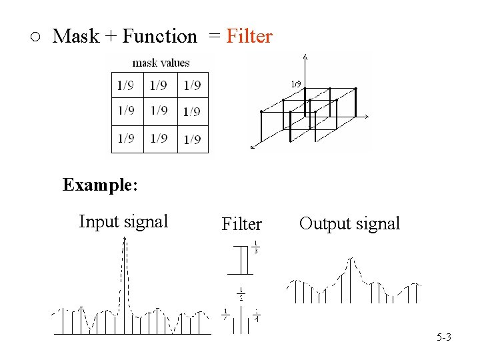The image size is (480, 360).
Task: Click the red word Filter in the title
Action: tap(249, 36)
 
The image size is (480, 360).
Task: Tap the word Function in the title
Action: tap(159, 36)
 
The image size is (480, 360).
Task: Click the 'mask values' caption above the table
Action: tap(161, 63)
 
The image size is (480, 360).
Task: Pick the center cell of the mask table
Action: tap(159, 111)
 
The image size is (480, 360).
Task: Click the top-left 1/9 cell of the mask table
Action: tap(125, 85)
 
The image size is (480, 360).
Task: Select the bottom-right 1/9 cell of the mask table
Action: tap(192, 139)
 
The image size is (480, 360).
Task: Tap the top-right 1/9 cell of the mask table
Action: tap(192, 85)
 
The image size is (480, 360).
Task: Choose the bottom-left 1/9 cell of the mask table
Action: tap(125, 139)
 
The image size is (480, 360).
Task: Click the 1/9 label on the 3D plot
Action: tap(295, 83)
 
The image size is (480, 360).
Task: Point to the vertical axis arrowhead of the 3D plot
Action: tap(305, 57)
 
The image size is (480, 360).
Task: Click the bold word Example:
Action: tap(100, 185)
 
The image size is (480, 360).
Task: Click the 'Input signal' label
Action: tap(123, 221)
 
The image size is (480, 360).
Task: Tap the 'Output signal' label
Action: tap(349, 223)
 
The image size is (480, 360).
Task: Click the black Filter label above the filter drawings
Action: tap(241, 224)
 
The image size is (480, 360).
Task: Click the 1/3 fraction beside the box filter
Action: tap(256, 247)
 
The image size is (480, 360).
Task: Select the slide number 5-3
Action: tap(444, 337)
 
